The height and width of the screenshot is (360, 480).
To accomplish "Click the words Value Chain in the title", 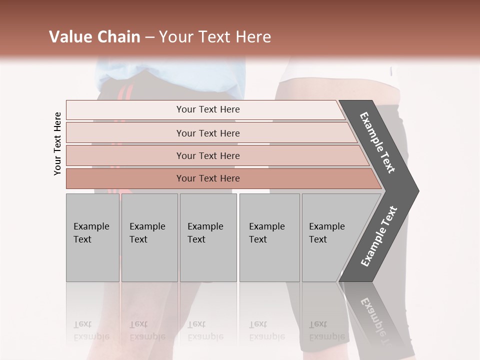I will (94, 37).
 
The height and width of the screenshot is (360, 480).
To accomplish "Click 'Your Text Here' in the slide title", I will (215, 37).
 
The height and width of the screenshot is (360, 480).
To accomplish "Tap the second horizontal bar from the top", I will (208, 133).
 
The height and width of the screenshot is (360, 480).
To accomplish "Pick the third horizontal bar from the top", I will (208, 155).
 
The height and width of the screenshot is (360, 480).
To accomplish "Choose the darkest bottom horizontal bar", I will (208, 178).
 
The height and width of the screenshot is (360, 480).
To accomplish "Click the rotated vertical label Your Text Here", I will (57, 143).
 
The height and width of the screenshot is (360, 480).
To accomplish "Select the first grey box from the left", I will (92, 237).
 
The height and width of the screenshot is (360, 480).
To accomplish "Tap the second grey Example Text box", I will (149, 237).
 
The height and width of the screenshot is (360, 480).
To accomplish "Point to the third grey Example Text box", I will (207, 237).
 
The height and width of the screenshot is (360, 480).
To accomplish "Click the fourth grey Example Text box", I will (269, 237).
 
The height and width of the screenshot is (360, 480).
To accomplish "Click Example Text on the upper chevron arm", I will (378, 142).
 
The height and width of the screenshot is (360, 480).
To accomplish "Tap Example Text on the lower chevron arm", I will (379, 236).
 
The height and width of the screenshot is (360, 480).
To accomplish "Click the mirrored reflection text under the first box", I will (91, 330).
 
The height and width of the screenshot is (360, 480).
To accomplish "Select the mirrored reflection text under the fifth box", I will (326, 330).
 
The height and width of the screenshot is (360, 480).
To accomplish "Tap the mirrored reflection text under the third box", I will (205, 330).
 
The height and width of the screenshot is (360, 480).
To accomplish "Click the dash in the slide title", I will (149, 37).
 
